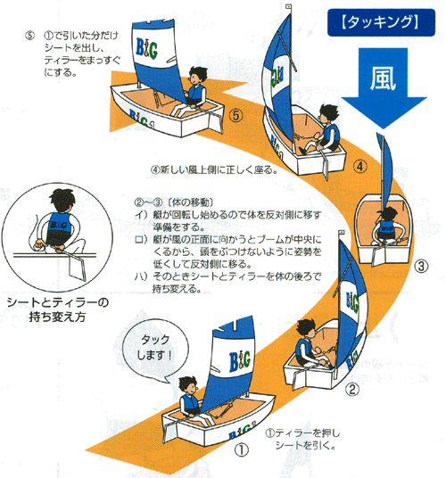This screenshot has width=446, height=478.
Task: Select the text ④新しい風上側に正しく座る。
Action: click(219, 169)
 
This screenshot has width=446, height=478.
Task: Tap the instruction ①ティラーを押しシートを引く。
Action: click(303, 439)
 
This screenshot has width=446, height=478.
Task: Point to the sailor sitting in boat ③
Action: click(391, 219)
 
